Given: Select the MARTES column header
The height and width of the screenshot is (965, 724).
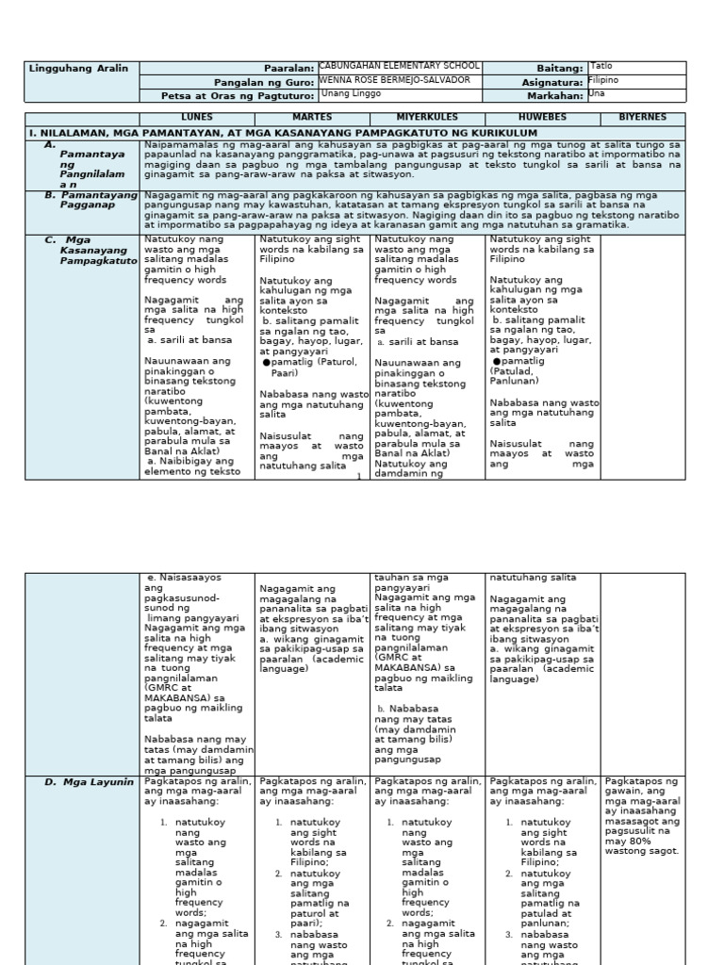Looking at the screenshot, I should pyautogui.click(x=312, y=118).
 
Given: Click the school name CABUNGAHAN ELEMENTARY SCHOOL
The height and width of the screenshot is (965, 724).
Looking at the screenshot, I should pyautogui.click(x=400, y=66).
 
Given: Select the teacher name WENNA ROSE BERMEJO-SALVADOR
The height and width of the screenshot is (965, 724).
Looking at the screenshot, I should pyautogui.click(x=395, y=80).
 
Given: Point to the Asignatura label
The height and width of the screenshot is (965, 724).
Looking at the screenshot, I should pyautogui.click(x=552, y=82).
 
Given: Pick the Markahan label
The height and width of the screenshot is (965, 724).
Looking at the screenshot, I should pyautogui.click(x=556, y=95).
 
